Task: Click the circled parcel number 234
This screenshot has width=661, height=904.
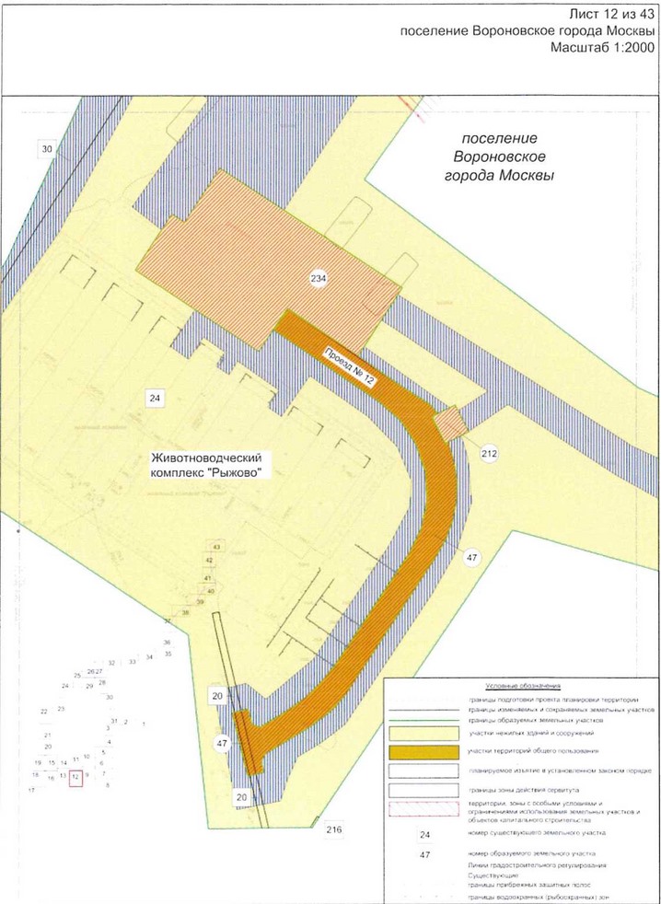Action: point(319,278)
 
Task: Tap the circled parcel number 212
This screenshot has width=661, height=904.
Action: point(489,452)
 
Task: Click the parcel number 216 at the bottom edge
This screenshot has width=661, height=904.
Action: point(333,830)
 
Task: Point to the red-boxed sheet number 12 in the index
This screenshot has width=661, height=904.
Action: point(75,776)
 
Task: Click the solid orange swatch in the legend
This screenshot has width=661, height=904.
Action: point(419,752)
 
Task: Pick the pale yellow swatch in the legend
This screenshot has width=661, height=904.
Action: point(419,733)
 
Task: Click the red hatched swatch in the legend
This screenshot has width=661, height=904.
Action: point(419,809)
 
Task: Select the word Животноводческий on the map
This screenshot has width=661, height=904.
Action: point(209,457)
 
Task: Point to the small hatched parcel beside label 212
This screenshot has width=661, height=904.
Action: point(450,424)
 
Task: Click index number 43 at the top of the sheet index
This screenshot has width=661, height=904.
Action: point(217,548)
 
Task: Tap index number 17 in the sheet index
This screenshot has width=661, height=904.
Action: point(31,790)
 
